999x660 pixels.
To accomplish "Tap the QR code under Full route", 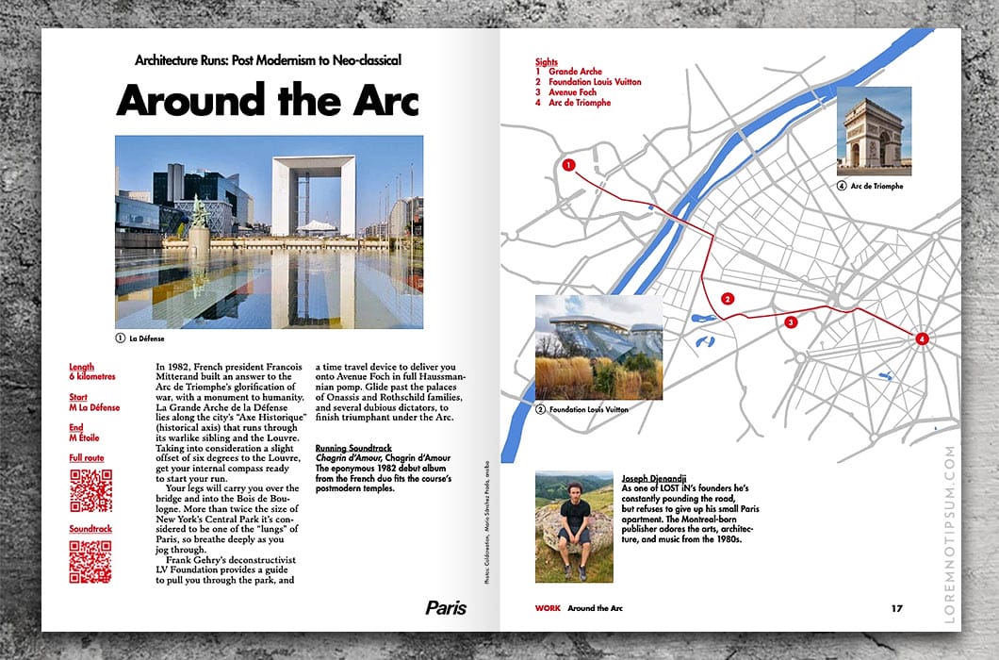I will pyautogui.click(x=90, y=490).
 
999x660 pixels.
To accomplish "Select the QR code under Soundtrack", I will pyautogui.click(x=90, y=562).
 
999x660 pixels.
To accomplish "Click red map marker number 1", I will pyautogui.click(x=568, y=165).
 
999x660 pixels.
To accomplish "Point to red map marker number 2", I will pyautogui.click(x=727, y=298).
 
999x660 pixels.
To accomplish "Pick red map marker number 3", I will pyautogui.click(x=790, y=322).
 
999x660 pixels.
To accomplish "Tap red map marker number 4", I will pyautogui.click(x=922, y=338).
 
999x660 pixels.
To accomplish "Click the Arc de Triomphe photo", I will pyautogui.click(x=874, y=130).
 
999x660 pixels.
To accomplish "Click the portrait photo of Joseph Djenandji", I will pyautogui.click(x=574, y=526).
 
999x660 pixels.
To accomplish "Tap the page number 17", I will pyautogui.click(x=896, y=608).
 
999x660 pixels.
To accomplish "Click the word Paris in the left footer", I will pyautogui.click(x=446, y=608).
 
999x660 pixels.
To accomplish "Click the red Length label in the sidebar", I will pyautogui.click(x=82, y=367).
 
